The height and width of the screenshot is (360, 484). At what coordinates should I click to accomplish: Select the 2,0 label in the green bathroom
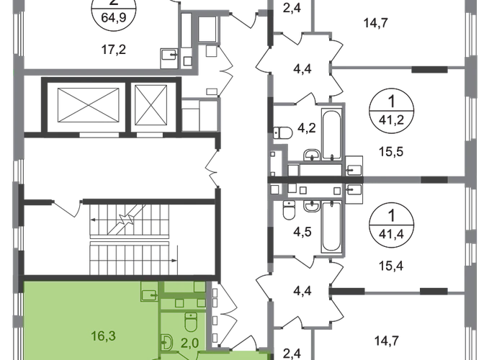(x=188, y=343)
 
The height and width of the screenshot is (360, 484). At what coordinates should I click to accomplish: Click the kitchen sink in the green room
(x=149, y=294)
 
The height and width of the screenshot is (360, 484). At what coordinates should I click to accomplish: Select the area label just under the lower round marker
(x=388, y=264)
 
